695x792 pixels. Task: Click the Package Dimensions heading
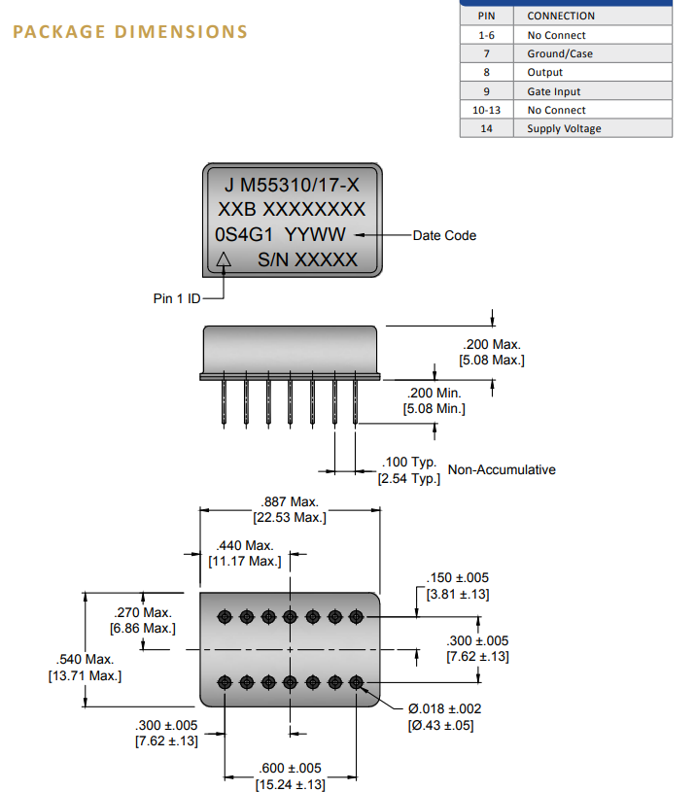130,31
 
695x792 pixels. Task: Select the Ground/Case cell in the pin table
560,53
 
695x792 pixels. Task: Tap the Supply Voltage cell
564,128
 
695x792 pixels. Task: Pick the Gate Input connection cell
554,91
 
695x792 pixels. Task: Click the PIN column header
486,16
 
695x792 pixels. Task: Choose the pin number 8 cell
486,72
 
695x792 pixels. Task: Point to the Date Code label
444,235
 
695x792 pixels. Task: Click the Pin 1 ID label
177,298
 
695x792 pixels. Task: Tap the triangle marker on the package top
225,259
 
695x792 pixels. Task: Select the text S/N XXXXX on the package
307,259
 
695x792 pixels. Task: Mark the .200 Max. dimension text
492,344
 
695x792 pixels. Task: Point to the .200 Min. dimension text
434,393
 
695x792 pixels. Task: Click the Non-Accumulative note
502,469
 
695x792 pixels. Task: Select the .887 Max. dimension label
290,501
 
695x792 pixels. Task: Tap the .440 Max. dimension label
245,546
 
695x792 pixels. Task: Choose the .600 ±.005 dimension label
291,769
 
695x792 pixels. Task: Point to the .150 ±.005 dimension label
458,578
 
